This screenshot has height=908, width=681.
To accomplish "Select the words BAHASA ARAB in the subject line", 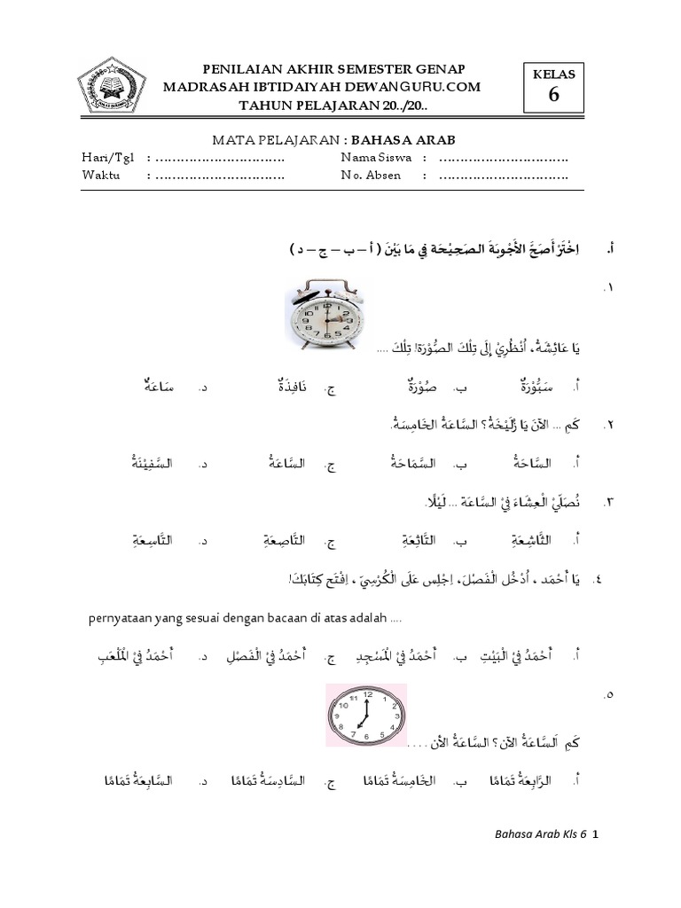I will [x=392, y=140].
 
